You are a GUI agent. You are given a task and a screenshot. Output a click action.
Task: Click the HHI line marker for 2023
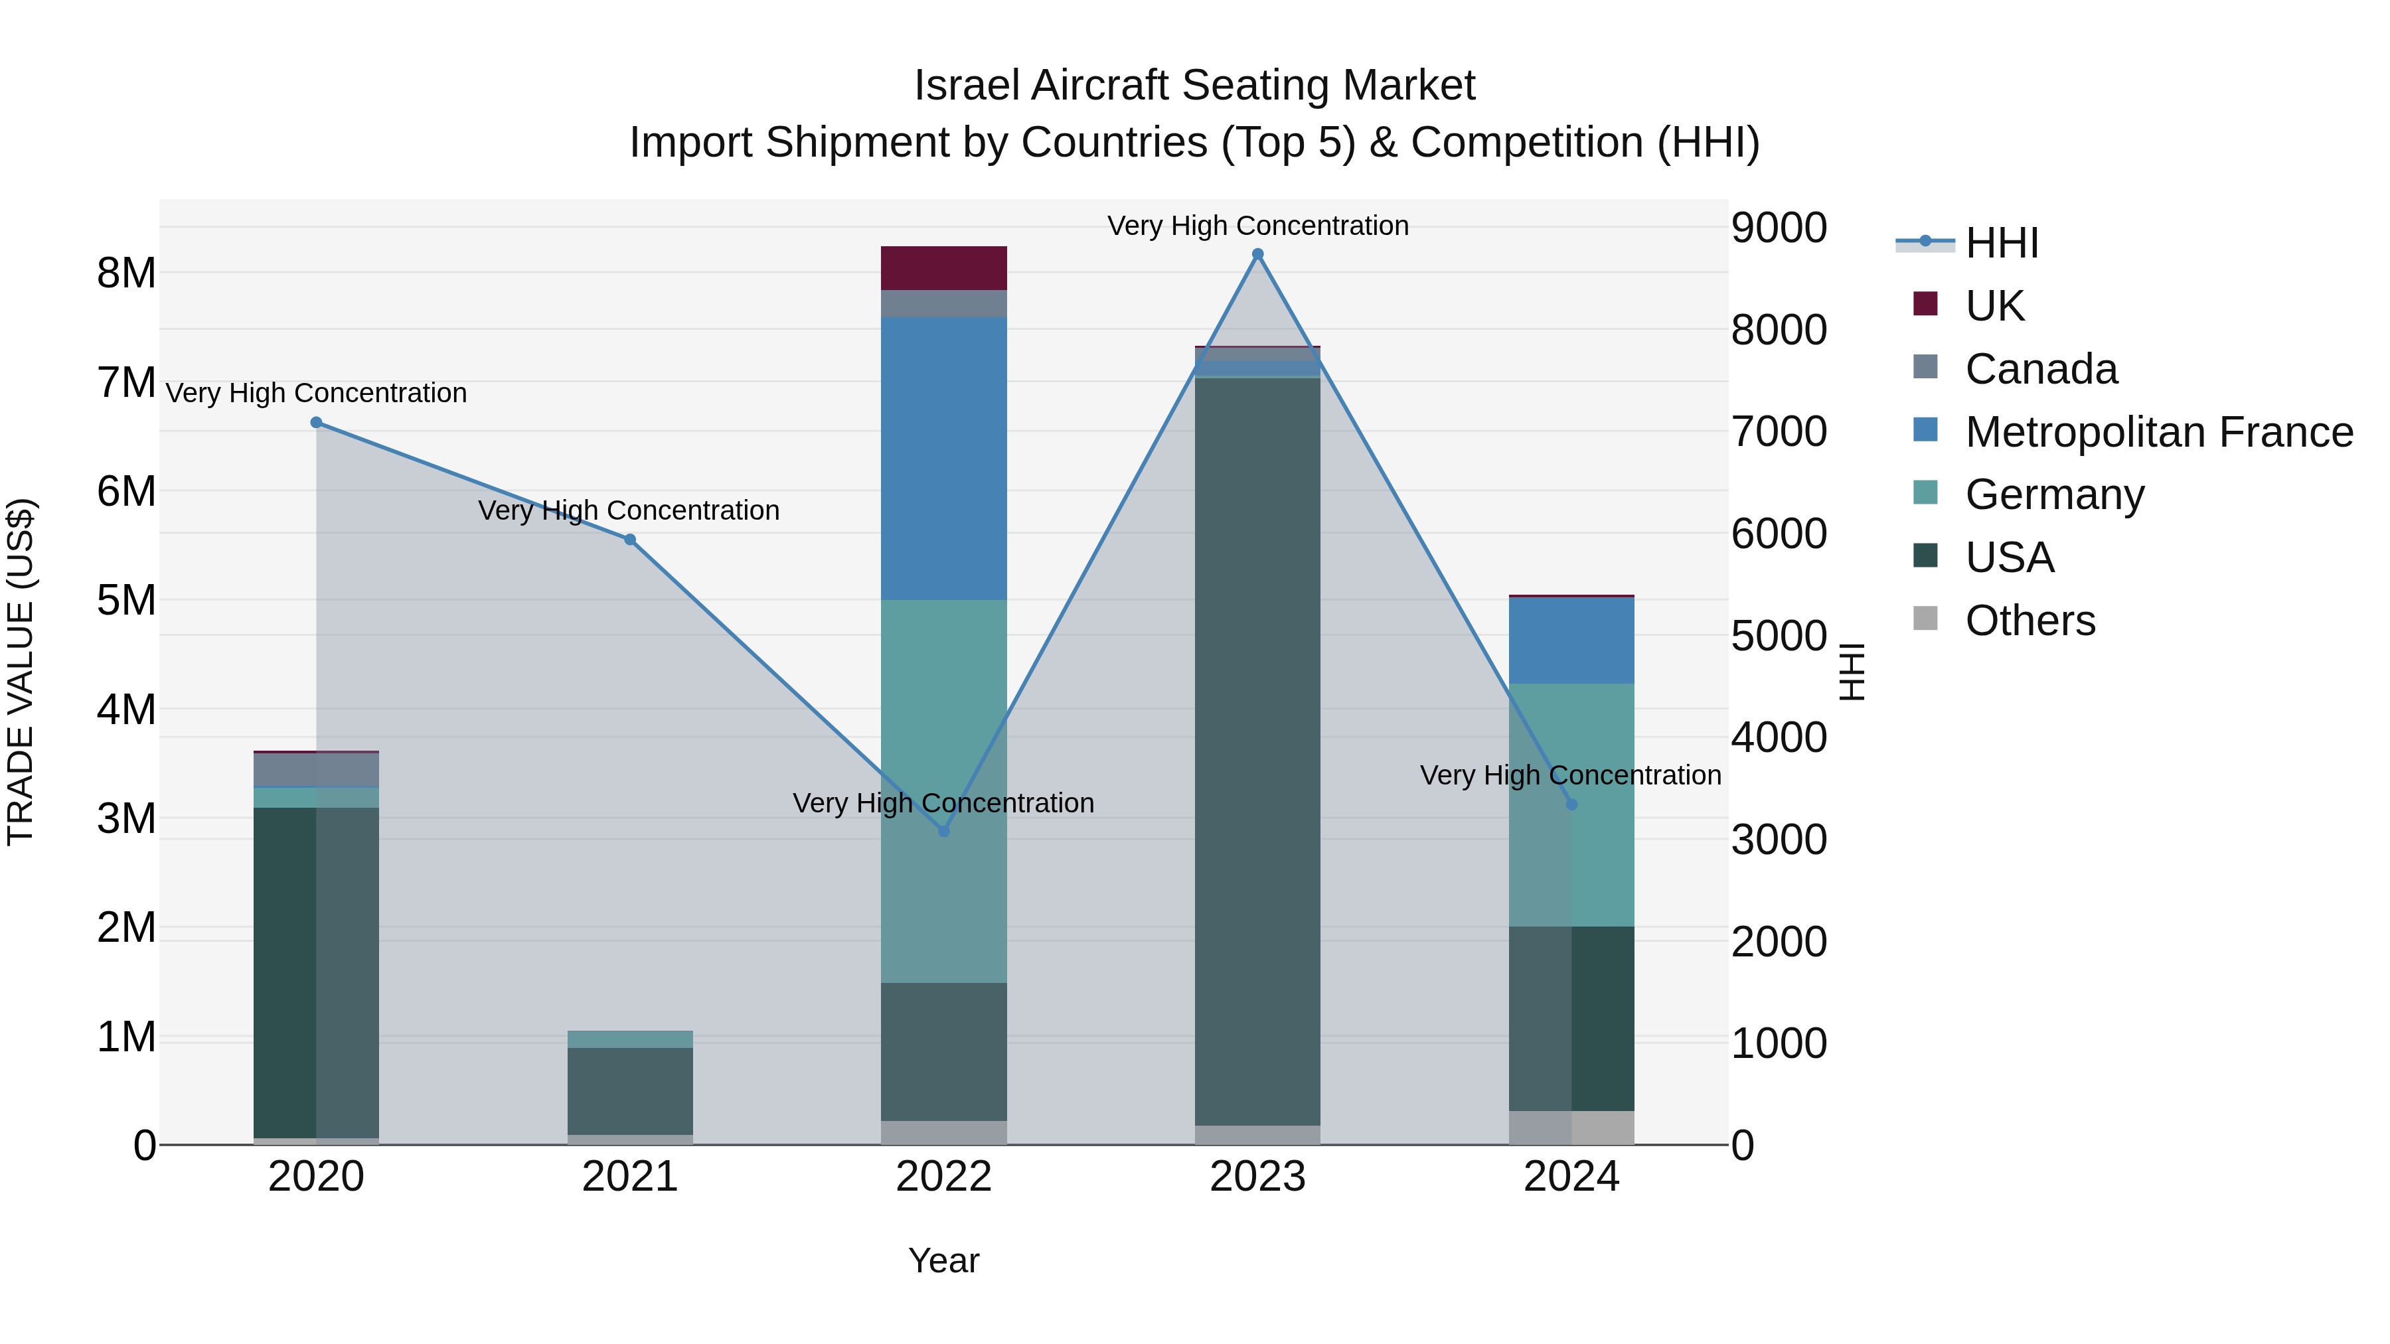tap(1257, 254)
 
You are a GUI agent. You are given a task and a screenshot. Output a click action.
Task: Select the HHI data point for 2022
tap(943, 831)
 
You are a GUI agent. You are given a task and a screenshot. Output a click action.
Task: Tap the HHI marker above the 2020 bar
tap(317, 422)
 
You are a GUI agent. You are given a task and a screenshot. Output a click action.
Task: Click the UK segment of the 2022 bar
tap(943, 268)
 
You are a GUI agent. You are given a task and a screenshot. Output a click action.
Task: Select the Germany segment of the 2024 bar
tap(1571, 804)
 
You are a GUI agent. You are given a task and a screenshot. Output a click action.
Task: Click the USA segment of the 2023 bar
tap(1257, 751)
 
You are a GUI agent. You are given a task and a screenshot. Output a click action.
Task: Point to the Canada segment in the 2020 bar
tap(317, 769)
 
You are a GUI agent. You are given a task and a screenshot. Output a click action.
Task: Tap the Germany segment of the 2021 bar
tap(630, 1039)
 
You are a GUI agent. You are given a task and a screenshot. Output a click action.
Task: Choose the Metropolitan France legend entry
tap(2158, 432)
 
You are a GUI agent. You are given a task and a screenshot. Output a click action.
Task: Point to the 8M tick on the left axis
tap(126, 273)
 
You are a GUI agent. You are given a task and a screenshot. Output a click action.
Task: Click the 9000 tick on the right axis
tap(1779, 228)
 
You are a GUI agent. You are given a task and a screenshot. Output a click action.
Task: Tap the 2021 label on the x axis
tap(630, 1177)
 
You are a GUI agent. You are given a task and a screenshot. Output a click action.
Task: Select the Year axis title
tap(943, 1260)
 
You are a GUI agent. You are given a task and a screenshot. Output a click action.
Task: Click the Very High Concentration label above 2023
tap(1257, 226)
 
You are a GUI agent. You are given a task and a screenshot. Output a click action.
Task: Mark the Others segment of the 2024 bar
tap(1571, 1127)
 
